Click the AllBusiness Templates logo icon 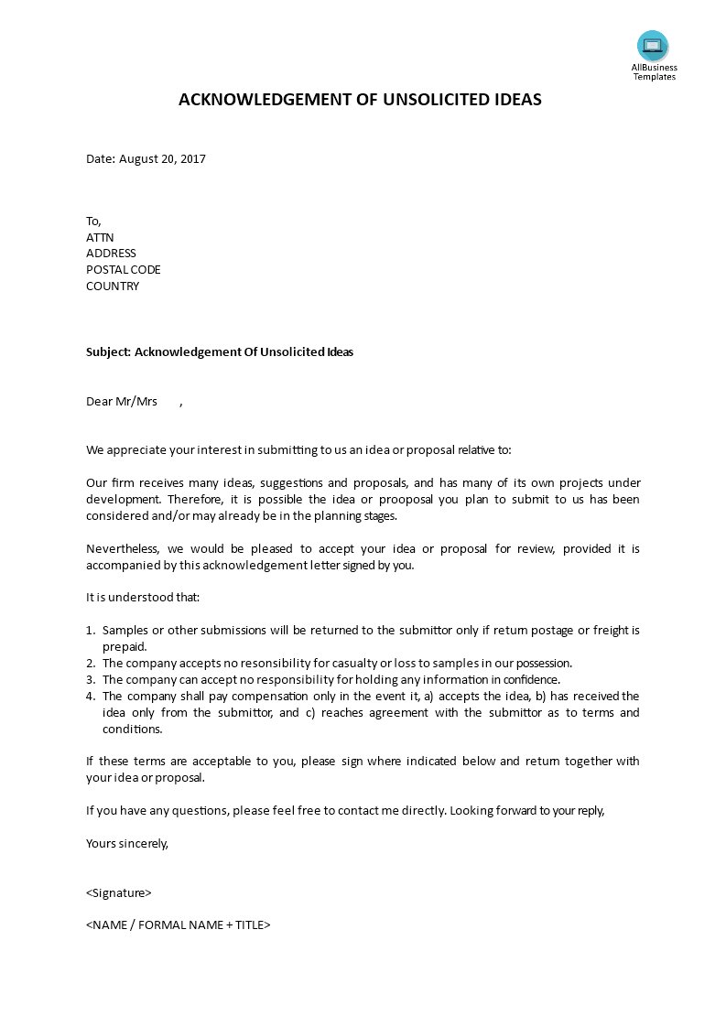tap(653, 45)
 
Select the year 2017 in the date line tap(193, 159)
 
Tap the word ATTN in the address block tap(100, 237)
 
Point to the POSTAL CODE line tap(123, 270)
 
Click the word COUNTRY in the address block tap(113, 286)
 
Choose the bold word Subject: tap(109, 352)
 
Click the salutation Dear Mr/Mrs tap(122, 402)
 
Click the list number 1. tap(90, 631)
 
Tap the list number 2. tap(90, 664)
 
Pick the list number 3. tap(90, 680)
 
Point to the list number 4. tap(90, 697)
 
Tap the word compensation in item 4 tap(255, 697)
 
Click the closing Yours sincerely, tap(127, 844)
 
